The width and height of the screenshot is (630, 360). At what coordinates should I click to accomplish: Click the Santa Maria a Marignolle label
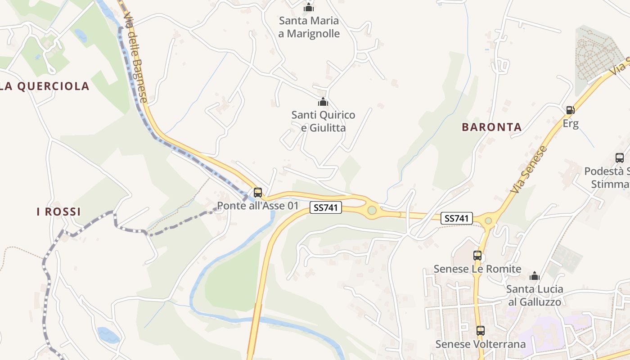309,27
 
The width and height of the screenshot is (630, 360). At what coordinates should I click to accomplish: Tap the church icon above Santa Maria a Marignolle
309,8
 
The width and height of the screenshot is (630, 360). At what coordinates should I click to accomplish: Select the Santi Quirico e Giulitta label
323,121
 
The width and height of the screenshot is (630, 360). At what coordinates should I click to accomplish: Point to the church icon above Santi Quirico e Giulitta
323,102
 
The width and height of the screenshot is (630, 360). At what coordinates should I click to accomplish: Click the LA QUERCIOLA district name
45,86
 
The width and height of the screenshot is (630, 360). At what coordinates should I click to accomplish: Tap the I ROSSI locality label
58,211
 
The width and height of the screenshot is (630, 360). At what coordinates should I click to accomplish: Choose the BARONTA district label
492,127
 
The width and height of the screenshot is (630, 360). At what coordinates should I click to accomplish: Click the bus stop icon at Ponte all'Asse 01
258,193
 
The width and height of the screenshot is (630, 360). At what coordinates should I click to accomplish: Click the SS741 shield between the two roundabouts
457,219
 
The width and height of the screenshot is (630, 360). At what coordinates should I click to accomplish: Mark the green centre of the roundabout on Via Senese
489,220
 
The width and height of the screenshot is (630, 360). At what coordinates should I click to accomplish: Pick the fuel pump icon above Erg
570,110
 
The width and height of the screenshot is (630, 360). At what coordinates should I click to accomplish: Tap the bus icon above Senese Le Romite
477,256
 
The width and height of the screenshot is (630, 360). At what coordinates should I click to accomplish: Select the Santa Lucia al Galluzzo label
535,295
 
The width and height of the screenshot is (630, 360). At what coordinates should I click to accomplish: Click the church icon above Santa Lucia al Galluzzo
535,276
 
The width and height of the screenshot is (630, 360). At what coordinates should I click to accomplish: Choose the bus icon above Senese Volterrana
481,331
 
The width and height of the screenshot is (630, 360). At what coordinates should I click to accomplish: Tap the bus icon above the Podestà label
620,158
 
